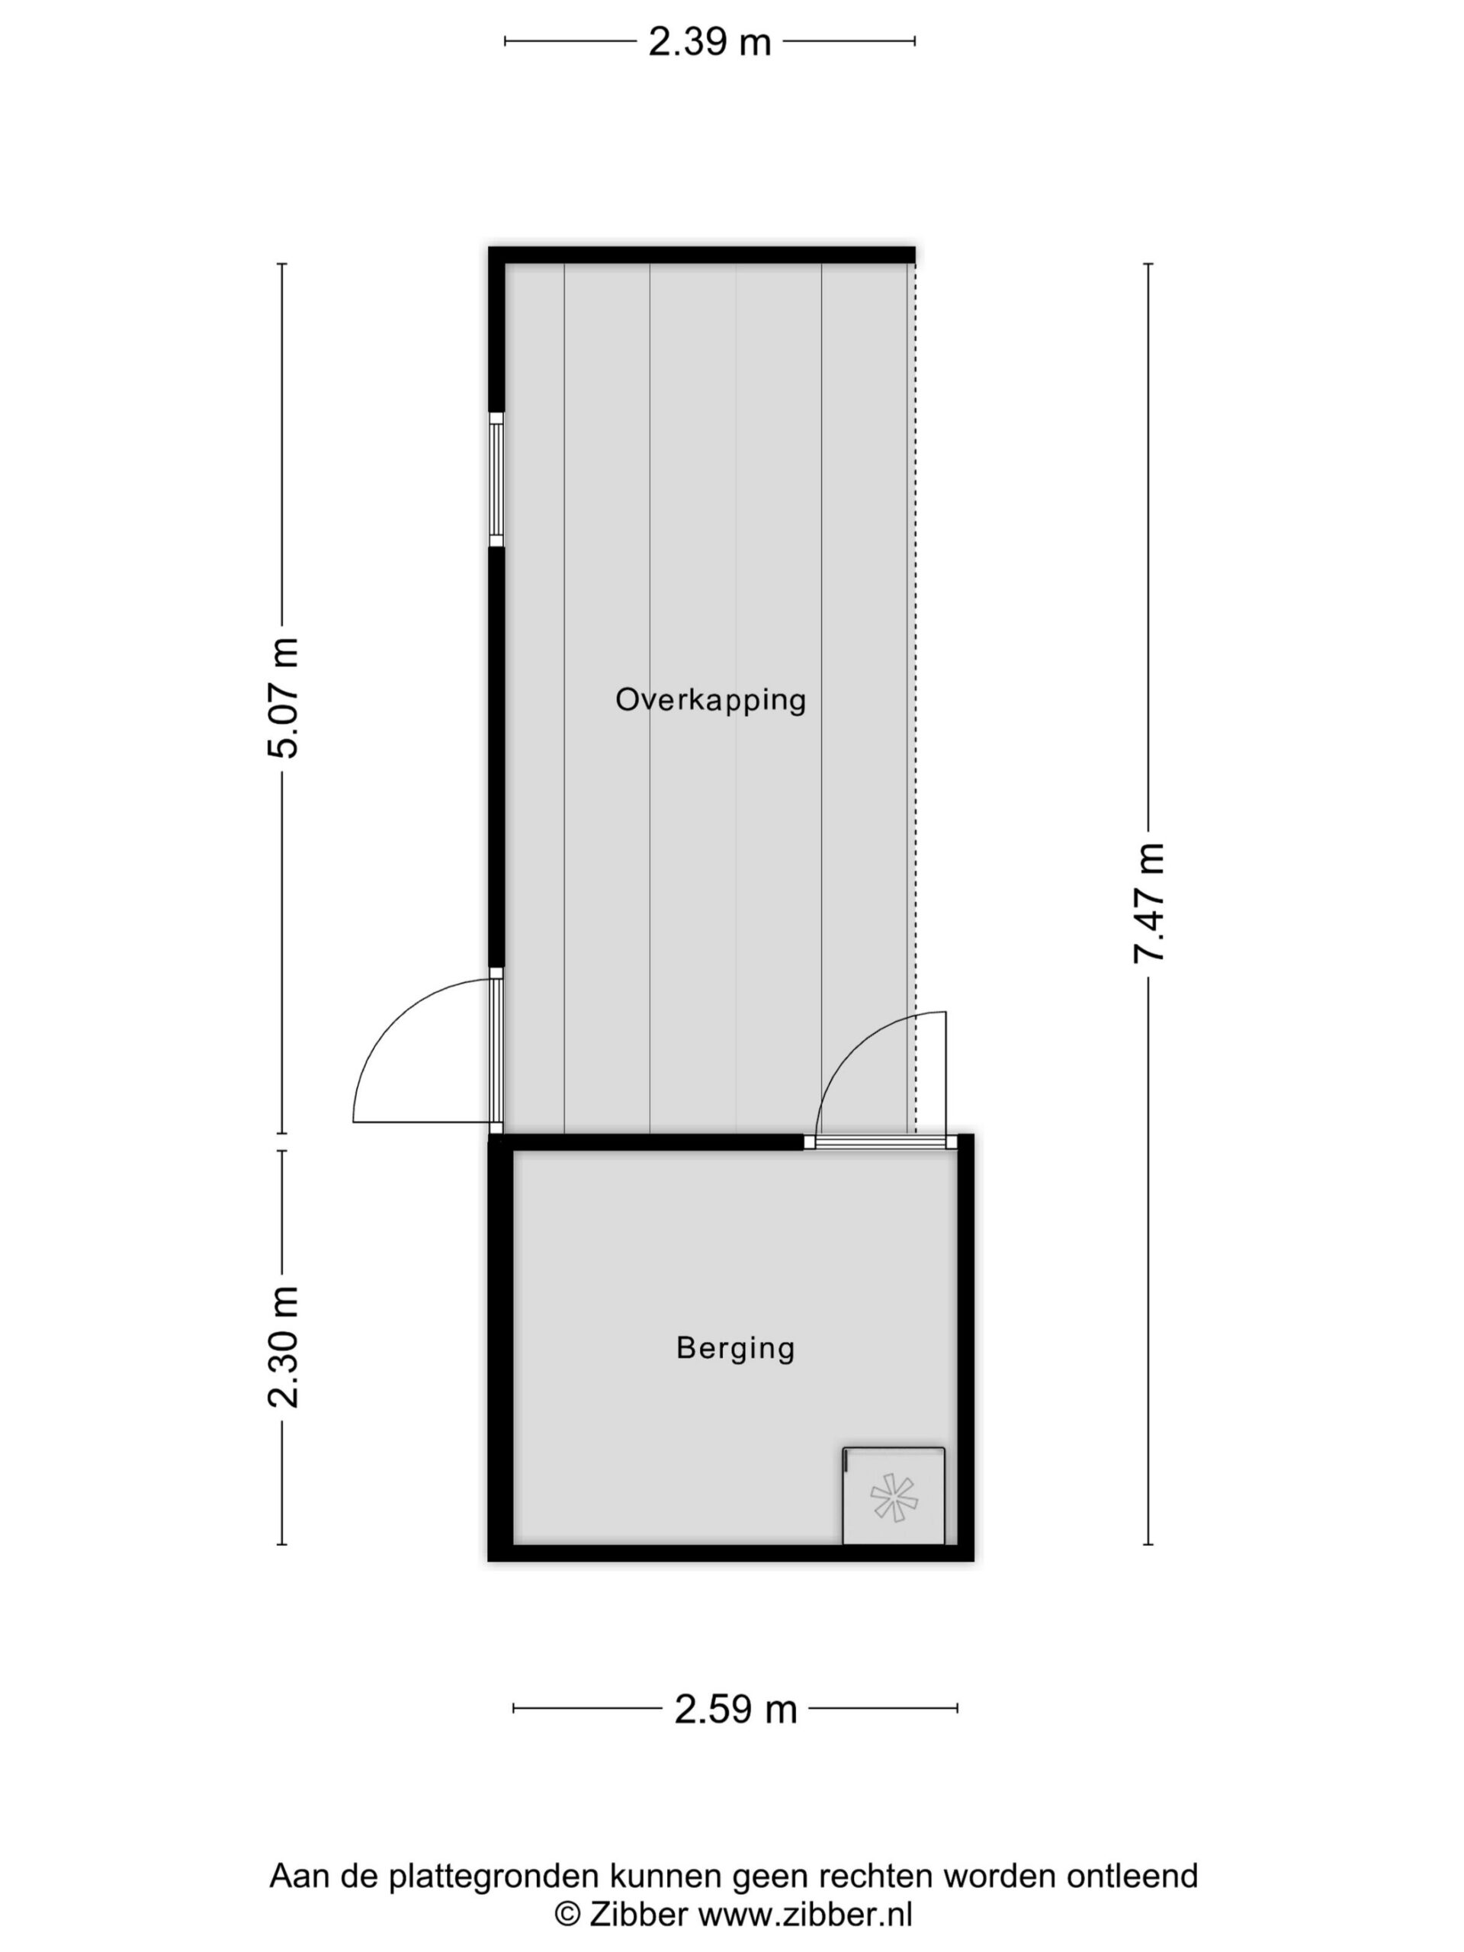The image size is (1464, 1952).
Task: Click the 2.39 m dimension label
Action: coord(709,41)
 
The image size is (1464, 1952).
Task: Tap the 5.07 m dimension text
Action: coord(284,697)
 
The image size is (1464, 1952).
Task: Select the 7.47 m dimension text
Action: coord(1150,903)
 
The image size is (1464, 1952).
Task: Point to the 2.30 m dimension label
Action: coord(284,1347)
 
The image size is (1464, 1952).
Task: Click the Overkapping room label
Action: coord(711,701)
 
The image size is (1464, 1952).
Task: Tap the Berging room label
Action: coord(736,1348)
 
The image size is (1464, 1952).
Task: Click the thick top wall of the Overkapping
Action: coord(701,255)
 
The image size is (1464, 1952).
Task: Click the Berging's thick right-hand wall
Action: coord(965,1347)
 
